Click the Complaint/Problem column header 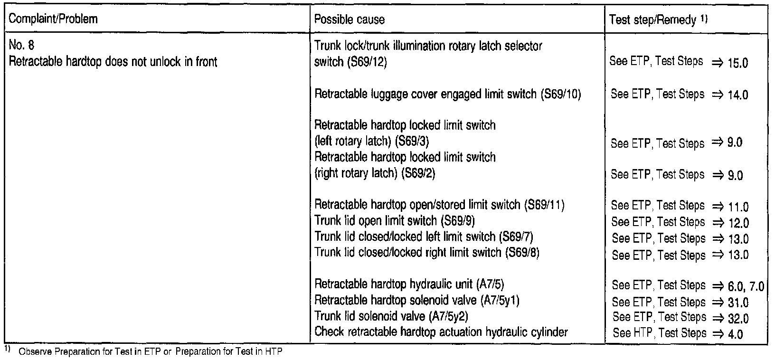coord(53,19)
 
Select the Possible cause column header coord(350,19)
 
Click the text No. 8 coord(22,46)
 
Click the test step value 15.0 coord(737,63)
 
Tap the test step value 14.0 coord(737,95)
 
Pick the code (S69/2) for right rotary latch coord(418,173)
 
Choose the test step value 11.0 coord(737,207)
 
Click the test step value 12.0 coord(737,223)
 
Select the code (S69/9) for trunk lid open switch coord(458,221)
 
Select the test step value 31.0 coord(737,303)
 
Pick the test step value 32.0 coord(737,319)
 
